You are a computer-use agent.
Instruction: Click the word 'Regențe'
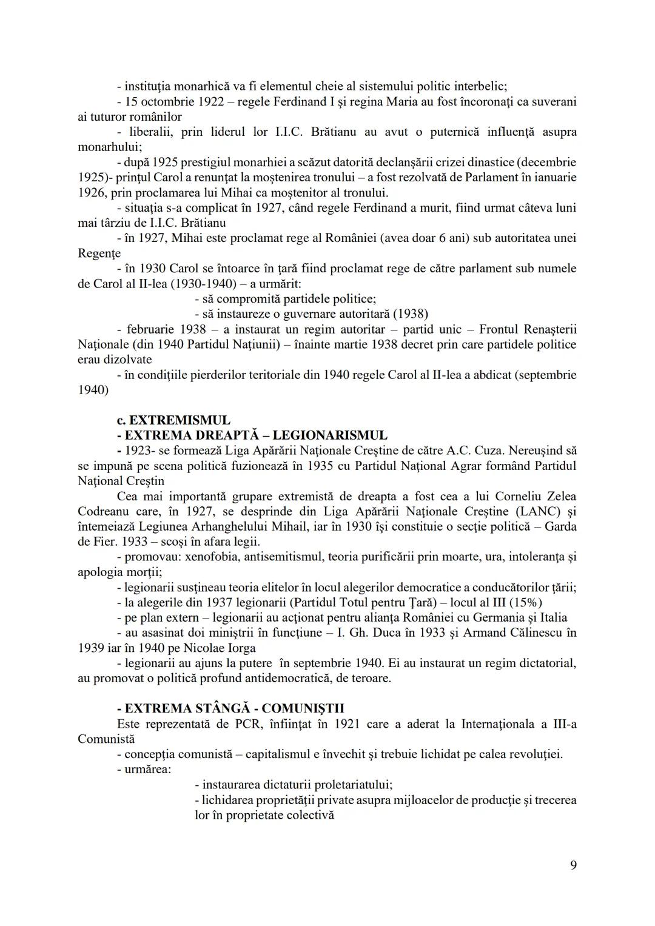coord(99,253)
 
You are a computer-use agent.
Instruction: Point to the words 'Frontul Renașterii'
coord(527,329)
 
